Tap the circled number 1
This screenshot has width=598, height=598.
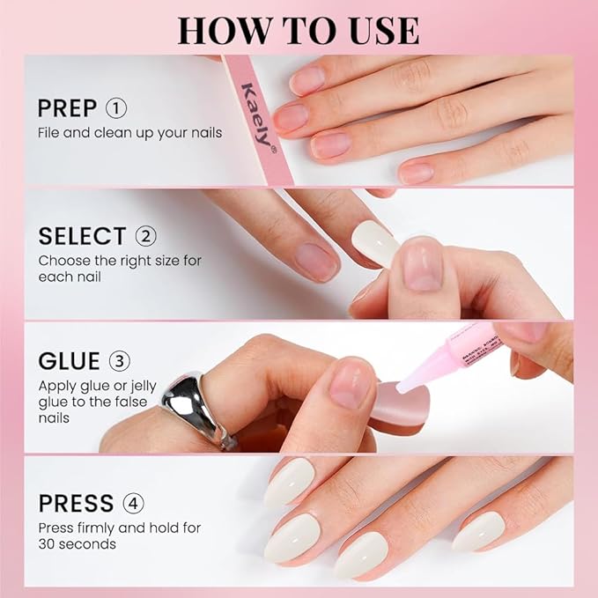[117, 108]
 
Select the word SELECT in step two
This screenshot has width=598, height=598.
[82, 236]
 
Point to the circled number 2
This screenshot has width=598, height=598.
[145, 236]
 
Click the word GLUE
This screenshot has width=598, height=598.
[70, 362]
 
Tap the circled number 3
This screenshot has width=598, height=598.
[119, 362]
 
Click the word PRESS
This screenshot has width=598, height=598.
[75, 504]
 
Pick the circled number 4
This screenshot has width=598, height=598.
[133, 504]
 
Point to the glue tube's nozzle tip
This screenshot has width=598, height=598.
[401, 388]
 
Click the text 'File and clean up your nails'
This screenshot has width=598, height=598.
[129, 133]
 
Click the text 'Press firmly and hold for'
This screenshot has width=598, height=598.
[119, 528]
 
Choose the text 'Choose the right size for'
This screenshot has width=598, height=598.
[120, 261]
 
